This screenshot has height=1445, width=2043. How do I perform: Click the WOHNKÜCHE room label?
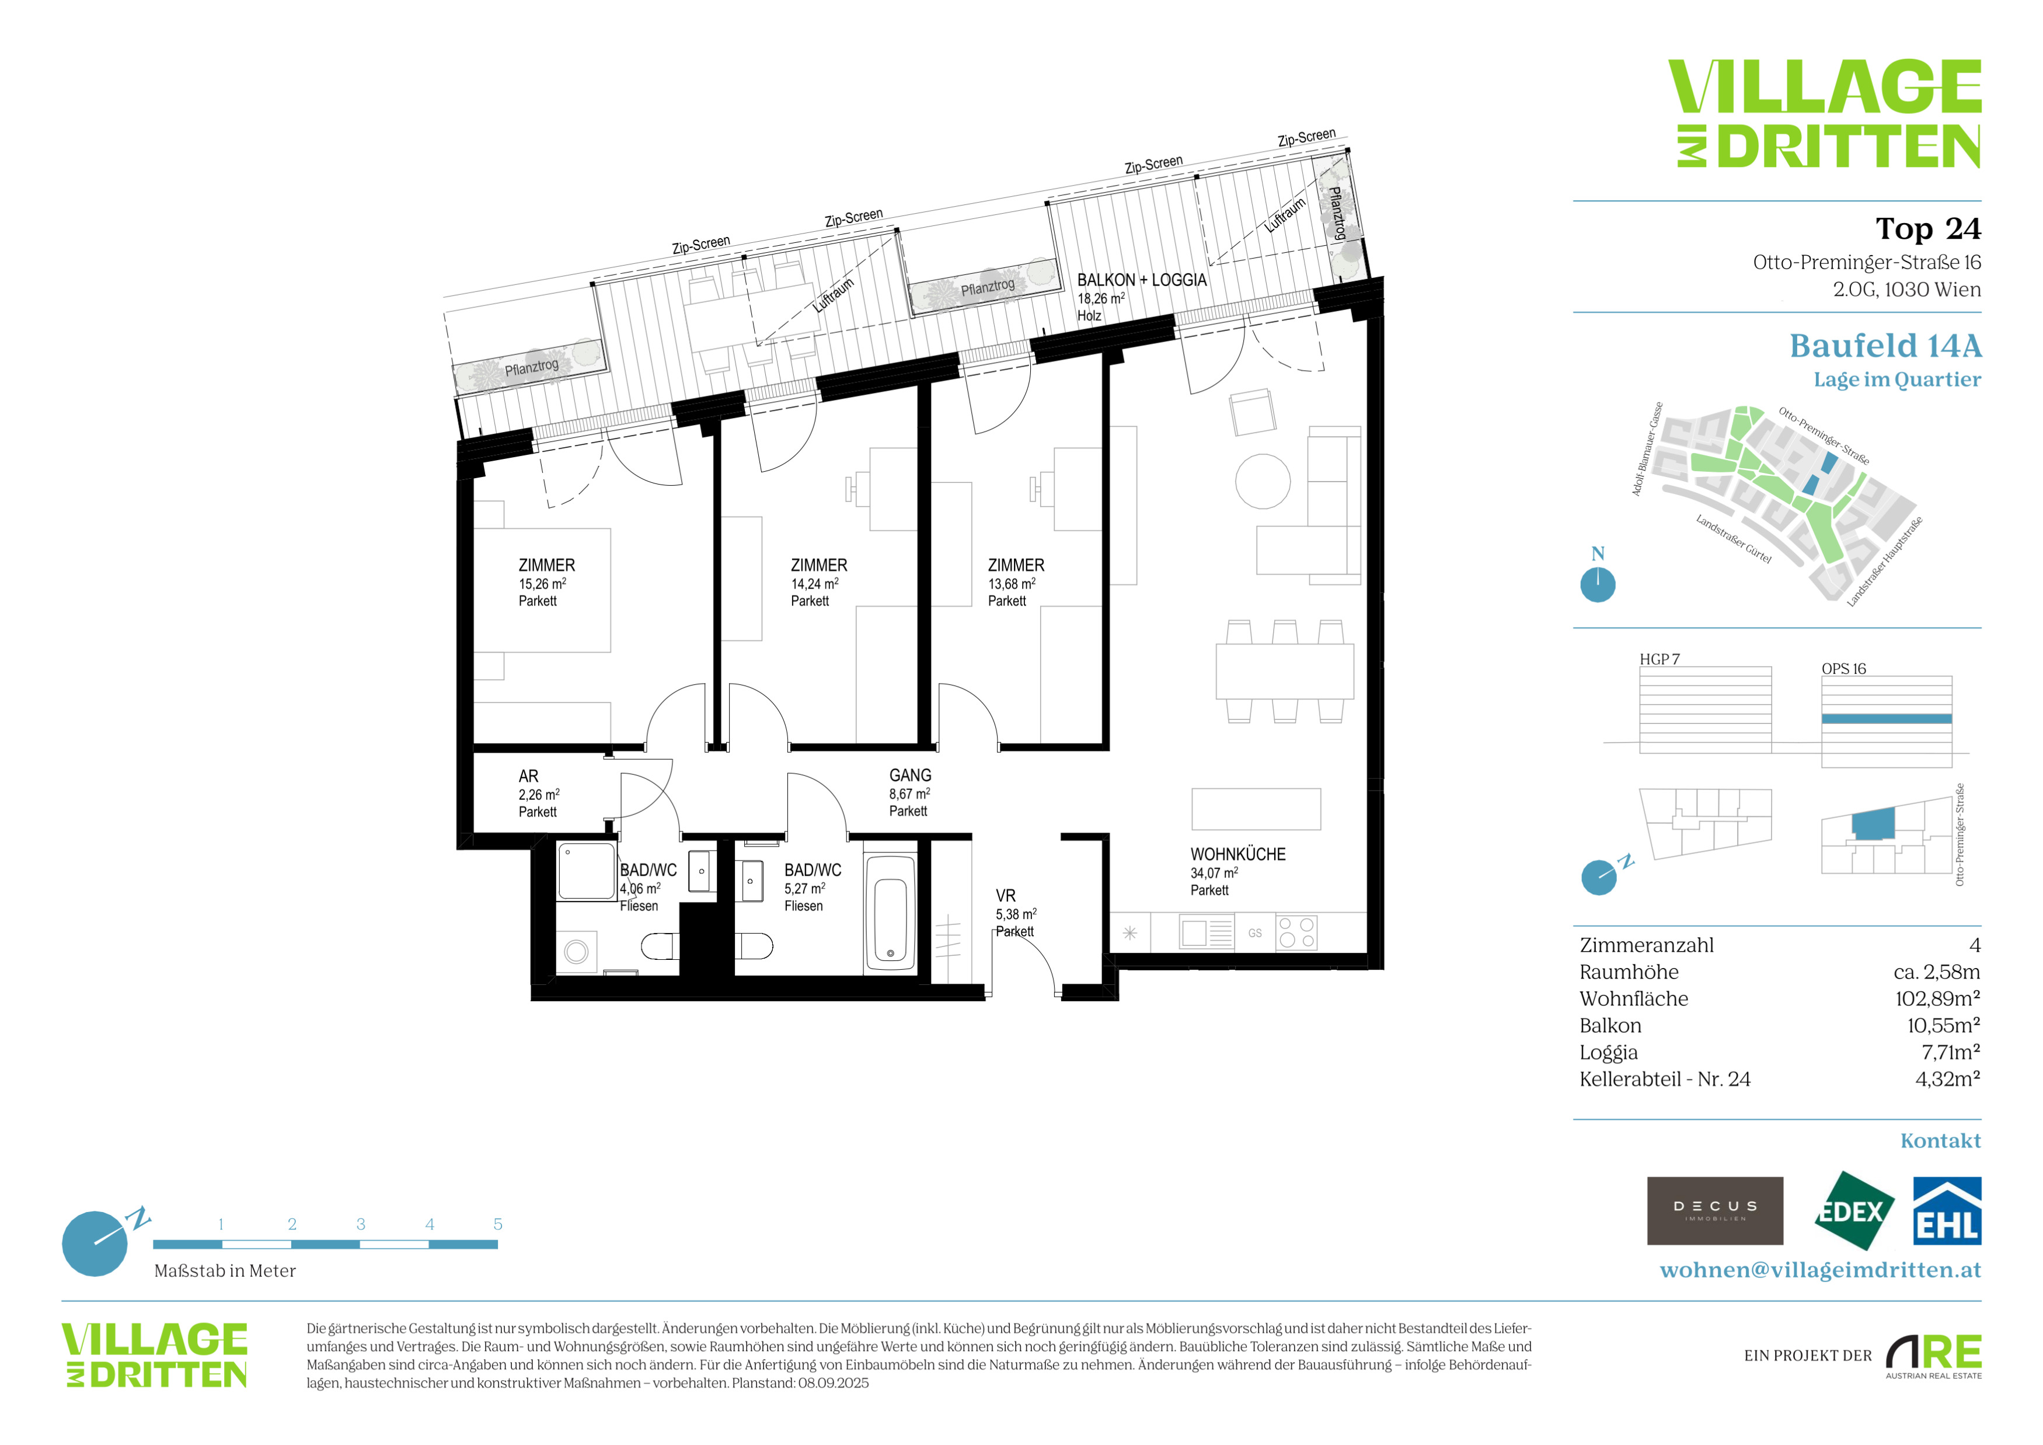coord(1237,854)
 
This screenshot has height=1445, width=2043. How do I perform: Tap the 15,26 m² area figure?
coord(543,584)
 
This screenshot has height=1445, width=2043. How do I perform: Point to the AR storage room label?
coord(528,777)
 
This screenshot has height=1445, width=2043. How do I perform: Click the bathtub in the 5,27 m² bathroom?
coord(891,914)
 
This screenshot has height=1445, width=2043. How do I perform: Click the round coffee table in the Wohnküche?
coord(1263,481)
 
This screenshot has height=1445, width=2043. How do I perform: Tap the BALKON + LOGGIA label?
coord(1142,280)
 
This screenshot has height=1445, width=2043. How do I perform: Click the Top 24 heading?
coord(1928,229)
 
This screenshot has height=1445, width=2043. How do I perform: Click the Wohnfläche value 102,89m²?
coord(1938,998)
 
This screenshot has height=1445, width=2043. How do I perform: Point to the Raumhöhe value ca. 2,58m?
coord(1937,972)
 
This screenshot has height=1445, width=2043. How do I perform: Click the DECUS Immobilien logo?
coord(1715,1211)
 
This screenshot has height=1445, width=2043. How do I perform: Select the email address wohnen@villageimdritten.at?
coord(1821,1270)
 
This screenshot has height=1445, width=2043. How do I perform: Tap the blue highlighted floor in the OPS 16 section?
coord(1887,719)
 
